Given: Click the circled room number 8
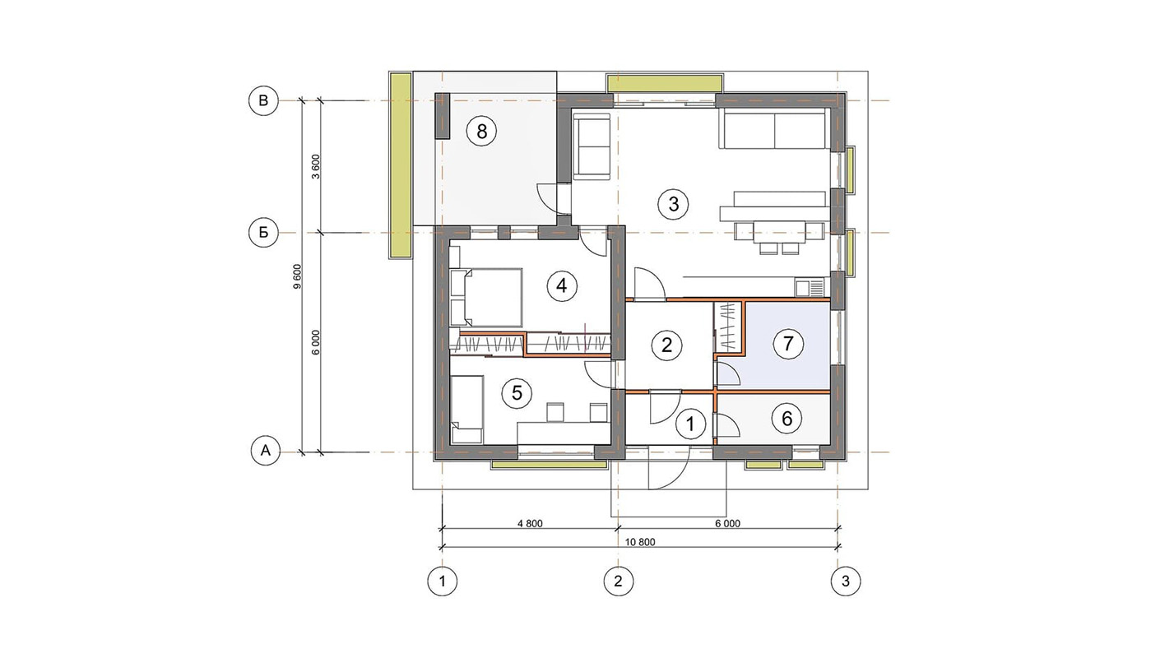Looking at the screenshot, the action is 481,131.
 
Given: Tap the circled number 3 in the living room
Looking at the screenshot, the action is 674,204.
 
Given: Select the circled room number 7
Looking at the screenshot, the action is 787,344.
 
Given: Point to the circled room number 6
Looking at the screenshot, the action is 787,419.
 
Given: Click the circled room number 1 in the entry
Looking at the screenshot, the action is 690,424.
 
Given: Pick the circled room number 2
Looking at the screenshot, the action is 666,345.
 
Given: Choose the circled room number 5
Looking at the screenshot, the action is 517,393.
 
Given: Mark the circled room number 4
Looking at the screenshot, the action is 561,286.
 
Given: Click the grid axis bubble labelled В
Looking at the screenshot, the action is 263,100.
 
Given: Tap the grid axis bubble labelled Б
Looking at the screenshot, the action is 263,232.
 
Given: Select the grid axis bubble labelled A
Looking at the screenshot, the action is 265,451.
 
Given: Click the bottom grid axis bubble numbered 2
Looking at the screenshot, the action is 619,581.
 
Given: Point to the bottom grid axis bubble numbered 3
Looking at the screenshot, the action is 846,581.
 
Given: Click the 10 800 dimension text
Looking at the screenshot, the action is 640,542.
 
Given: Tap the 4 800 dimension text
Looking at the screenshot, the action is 530,523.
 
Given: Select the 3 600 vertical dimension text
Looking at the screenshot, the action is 316,167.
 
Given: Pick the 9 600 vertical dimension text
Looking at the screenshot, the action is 297,276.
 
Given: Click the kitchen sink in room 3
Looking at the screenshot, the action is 810,288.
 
